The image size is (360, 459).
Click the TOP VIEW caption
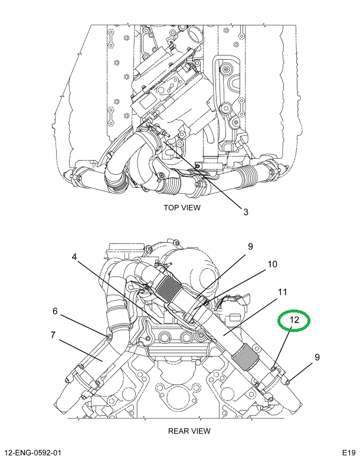tap(182, 207)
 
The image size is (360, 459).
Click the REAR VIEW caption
tap(189, 431)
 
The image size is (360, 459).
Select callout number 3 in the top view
tap(246, 211)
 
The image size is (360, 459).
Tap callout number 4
tap(74, 257)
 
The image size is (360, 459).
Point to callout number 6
tap(55, 311)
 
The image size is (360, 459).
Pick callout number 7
tap(53, 335)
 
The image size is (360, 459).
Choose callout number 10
tap(272, 264)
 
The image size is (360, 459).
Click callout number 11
tap(282, 292)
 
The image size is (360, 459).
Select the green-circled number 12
tap(294, 320)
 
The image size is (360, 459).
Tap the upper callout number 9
tap(250, 246)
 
